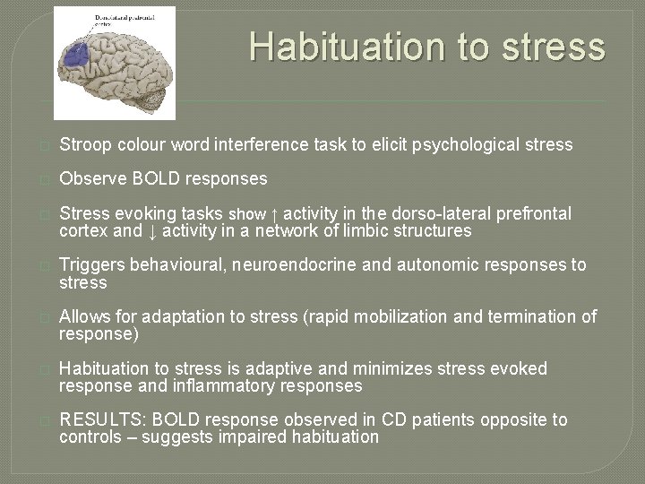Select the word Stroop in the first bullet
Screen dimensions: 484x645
(x=86, y=144)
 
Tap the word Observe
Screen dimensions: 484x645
(x=91, y=179)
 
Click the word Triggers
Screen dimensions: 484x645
(x=92, y=265)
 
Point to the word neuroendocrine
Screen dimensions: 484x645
(x=284, y=265)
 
